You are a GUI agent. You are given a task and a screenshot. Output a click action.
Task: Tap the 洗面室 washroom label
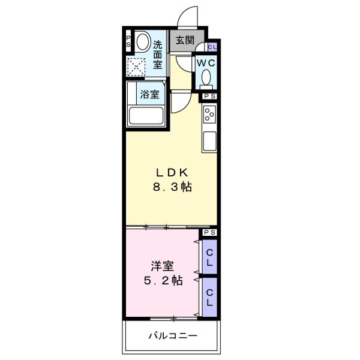[158, 53]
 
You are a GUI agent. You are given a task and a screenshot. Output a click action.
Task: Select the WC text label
[205, 62]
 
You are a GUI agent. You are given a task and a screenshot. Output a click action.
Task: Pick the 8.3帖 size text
[171, 187]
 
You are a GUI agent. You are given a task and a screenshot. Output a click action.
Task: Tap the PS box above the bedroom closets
[209, 232]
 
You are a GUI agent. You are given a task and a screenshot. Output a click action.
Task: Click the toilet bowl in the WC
[206, 79]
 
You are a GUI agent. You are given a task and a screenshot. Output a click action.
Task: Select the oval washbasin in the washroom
[142, 43]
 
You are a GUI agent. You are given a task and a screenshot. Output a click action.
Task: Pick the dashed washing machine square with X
[137, 65]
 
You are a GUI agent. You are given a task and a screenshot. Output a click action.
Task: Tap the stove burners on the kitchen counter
[209, 113]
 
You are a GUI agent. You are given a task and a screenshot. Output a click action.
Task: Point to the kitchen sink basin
[210, 142]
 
